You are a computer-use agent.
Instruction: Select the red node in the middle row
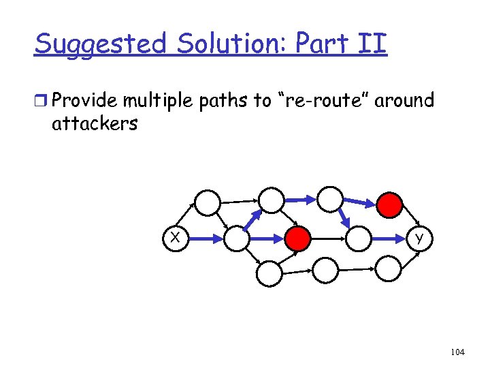[297, 238]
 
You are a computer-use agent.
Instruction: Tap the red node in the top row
[391, 202]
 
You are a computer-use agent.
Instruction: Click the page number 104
[457, 352]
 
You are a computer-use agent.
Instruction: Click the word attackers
[95, 123]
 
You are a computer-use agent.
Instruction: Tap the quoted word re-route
[321, 101]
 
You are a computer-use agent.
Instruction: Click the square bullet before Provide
[42, 102]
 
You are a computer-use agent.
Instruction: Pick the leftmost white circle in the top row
[208, 202]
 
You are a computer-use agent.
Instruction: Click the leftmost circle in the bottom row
[269, 273]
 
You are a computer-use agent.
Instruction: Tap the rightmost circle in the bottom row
[389, 268]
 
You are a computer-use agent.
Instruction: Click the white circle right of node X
[238, 238]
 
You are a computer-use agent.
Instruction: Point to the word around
[405, 101]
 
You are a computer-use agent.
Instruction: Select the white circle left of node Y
[359, 238]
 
